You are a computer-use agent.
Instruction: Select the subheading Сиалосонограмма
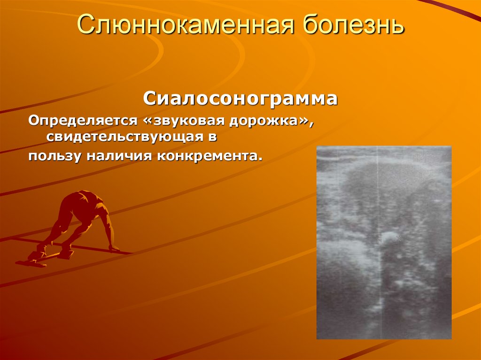point(240,99)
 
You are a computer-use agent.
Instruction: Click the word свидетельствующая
point(119,138)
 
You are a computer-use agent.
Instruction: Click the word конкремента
point(207,155)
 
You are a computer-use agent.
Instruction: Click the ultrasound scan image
point(384,242)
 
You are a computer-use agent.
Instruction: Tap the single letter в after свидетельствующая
point(212,138)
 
